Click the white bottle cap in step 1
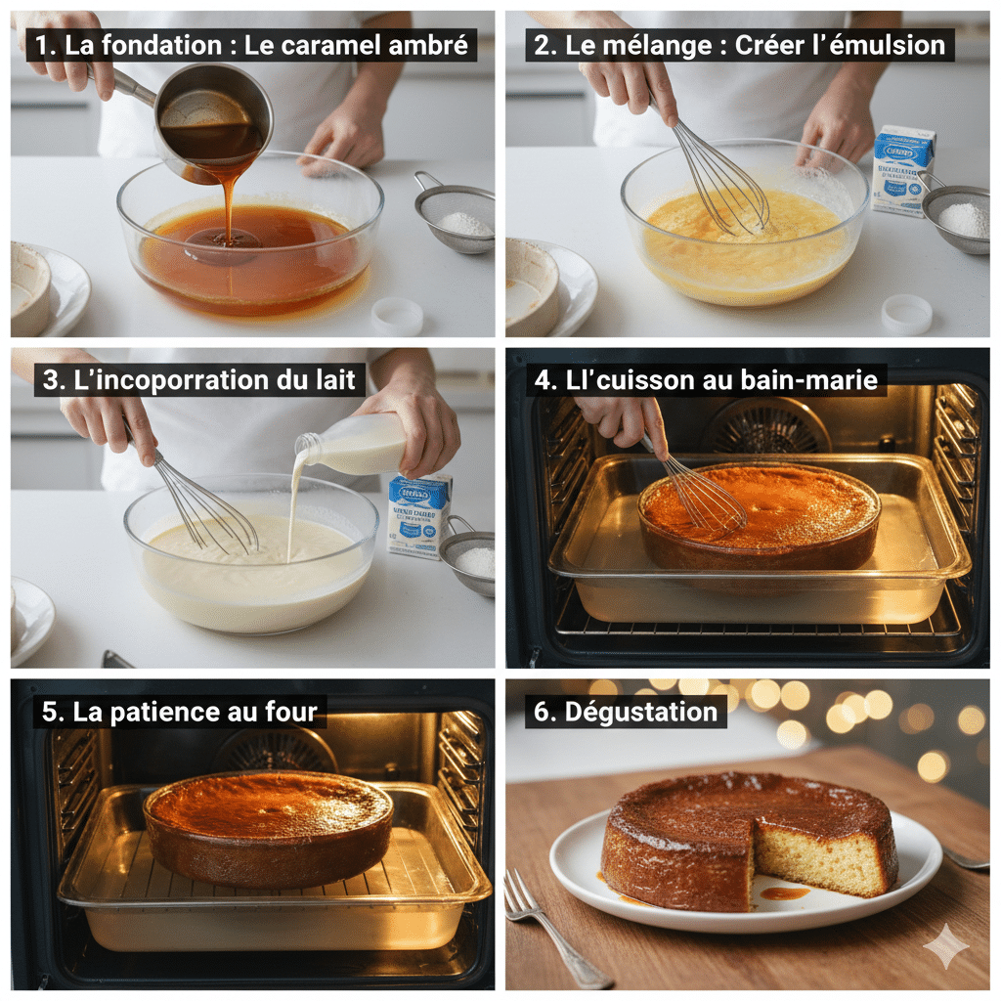(x=398, y=316)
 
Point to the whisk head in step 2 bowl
(x=723, y=191)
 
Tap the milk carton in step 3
(x=418, y=514)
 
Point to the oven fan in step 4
(x=767, y=426)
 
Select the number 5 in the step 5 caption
(x=50, y=712)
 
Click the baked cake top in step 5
(x=269, y=804)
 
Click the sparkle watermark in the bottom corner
(x=945, y=945)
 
